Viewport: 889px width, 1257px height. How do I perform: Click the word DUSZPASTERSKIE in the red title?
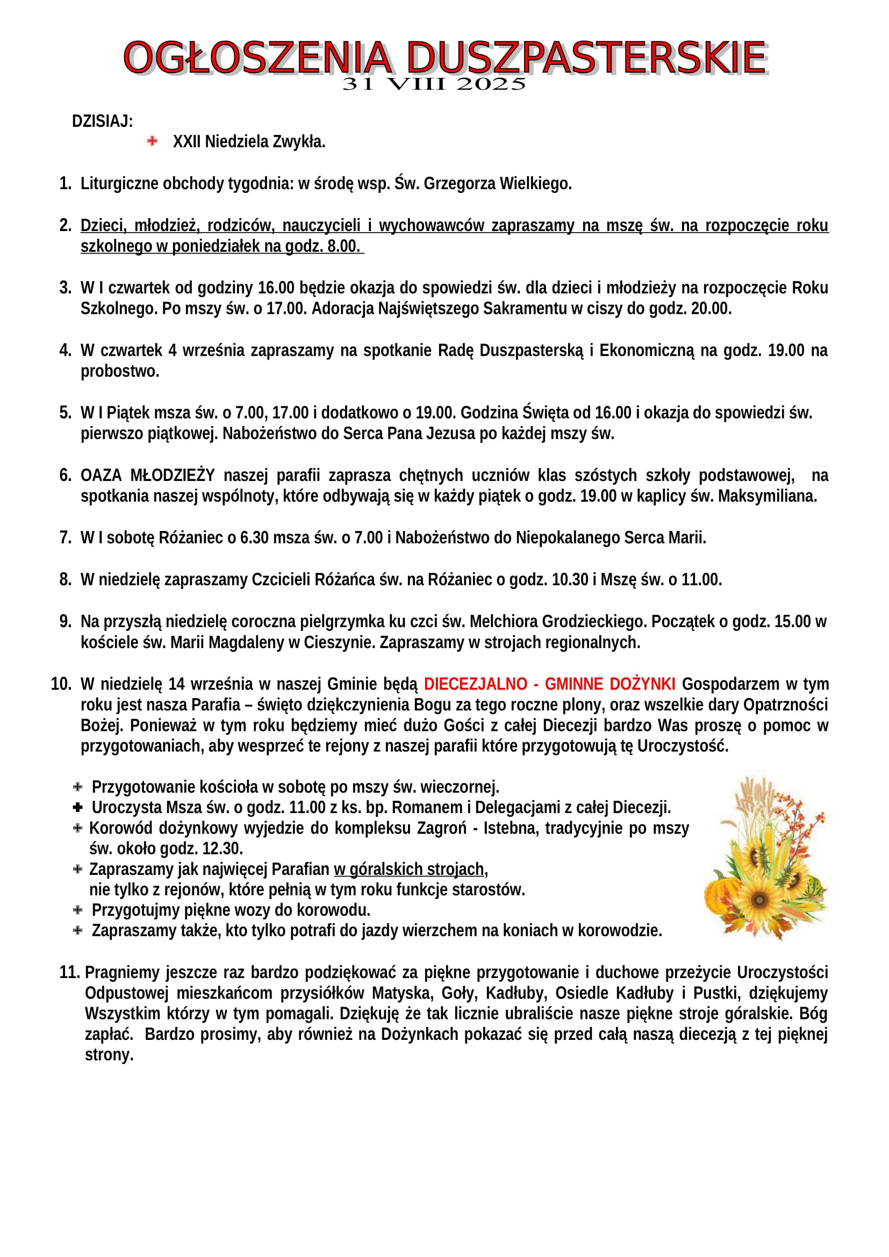586,58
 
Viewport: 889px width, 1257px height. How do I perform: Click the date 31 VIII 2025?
434,84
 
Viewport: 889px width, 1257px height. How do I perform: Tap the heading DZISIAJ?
102,121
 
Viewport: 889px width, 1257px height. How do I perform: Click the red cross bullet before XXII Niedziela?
152,141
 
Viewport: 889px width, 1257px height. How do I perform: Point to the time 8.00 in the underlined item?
342,247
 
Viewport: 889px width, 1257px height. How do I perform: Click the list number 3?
65,288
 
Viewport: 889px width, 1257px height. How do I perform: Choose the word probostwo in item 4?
119,372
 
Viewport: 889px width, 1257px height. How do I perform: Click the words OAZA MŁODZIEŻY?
148,475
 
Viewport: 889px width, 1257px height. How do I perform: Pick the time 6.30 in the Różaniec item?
254,538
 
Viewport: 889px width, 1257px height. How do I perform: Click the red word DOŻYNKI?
642,684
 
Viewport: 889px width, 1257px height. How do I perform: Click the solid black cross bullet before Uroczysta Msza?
78,808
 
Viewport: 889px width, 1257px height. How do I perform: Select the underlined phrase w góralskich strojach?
409,870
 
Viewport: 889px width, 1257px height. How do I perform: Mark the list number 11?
69,973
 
